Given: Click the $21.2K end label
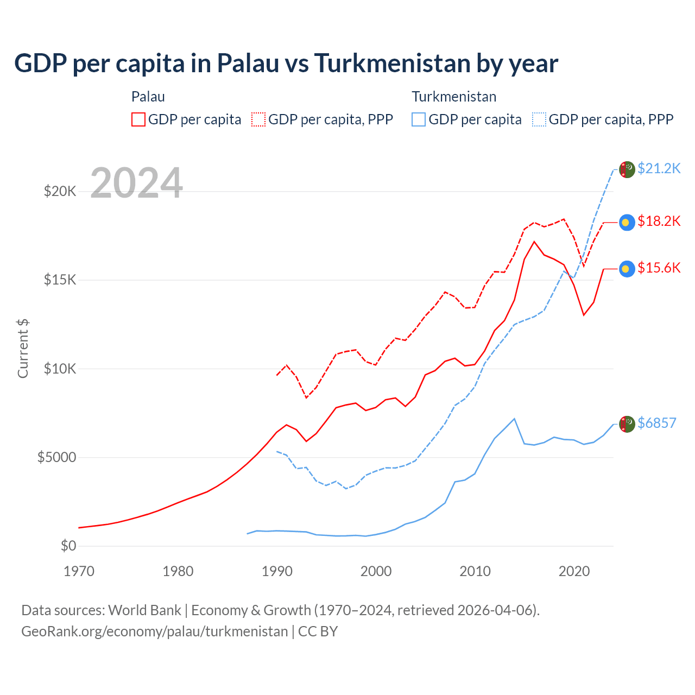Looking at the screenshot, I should [x=659, y=169].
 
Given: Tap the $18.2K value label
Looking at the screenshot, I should [x=659, y=222].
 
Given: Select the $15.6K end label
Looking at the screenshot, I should [x=659, y=268].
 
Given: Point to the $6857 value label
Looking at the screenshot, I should [x=656, y=424].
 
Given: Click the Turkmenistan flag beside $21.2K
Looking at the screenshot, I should [x=627, y=169].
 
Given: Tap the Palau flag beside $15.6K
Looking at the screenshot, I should [x=627, y=269].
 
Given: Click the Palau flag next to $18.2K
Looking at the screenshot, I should [x=627, y=222].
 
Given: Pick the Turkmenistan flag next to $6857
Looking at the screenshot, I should [x=627, y=424].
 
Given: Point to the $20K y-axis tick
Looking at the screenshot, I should [x=60, y=192].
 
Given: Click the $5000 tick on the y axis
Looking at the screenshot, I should [x=56, y=458].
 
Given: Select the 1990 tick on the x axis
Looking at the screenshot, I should [x=277, y=572].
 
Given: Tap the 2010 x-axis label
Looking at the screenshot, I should [x=475, y=572].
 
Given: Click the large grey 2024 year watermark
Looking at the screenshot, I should [x=137, y=183].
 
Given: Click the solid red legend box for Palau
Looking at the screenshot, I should [x=138, y=119].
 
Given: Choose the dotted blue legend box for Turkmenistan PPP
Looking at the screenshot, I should [x=539, y=119].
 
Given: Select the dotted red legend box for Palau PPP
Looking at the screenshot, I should [x=258, y=119].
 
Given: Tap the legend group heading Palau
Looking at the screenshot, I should [x=148, y=97].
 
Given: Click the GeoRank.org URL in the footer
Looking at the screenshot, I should [x=154, y=631].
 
